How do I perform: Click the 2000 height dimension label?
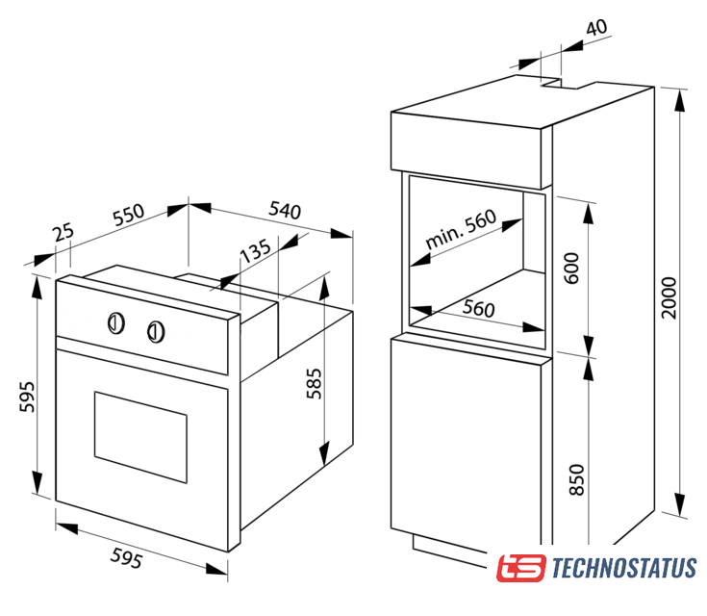669,297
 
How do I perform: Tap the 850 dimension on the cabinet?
576,479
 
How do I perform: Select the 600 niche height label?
571,269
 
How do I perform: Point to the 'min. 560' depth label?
461,229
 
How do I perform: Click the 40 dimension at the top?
596,28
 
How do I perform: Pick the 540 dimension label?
285,210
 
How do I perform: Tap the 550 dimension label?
129,215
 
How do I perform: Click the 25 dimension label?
63,232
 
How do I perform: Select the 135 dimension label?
255,250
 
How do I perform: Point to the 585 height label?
315,384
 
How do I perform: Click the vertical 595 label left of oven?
27,397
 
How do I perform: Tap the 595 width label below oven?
127,558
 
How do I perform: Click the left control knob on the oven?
115,323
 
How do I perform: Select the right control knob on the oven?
156,332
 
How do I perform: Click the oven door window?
140,437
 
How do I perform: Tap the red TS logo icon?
520,568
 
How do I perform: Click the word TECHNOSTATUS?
624,568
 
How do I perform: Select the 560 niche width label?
478,309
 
